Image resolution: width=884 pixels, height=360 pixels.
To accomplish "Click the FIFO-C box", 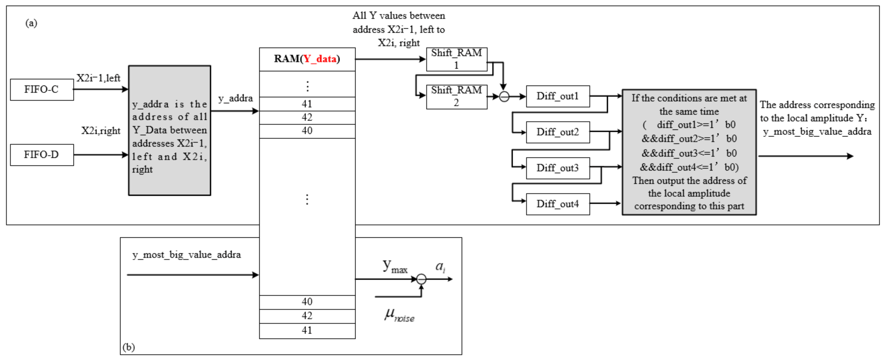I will (42, 90).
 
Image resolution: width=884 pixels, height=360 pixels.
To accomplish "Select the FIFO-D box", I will (42, 155).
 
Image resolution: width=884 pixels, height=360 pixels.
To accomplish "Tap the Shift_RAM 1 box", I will (456, 59).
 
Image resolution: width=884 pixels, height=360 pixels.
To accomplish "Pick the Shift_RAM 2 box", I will (456, 96).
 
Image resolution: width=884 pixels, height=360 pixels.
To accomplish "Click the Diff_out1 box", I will (558, 96).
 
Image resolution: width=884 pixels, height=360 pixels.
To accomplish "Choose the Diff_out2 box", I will (558, 132).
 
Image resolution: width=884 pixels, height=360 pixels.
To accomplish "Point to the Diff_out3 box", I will (558, 168).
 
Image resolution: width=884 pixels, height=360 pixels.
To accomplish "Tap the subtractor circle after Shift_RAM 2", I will (504, 97).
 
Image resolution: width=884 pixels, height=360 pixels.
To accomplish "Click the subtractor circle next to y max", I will (421, 279).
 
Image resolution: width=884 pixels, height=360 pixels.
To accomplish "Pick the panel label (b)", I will (129, 347).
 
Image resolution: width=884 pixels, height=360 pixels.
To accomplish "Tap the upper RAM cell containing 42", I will (307, 117).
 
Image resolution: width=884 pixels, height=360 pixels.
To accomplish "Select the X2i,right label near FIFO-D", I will (101, 131).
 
